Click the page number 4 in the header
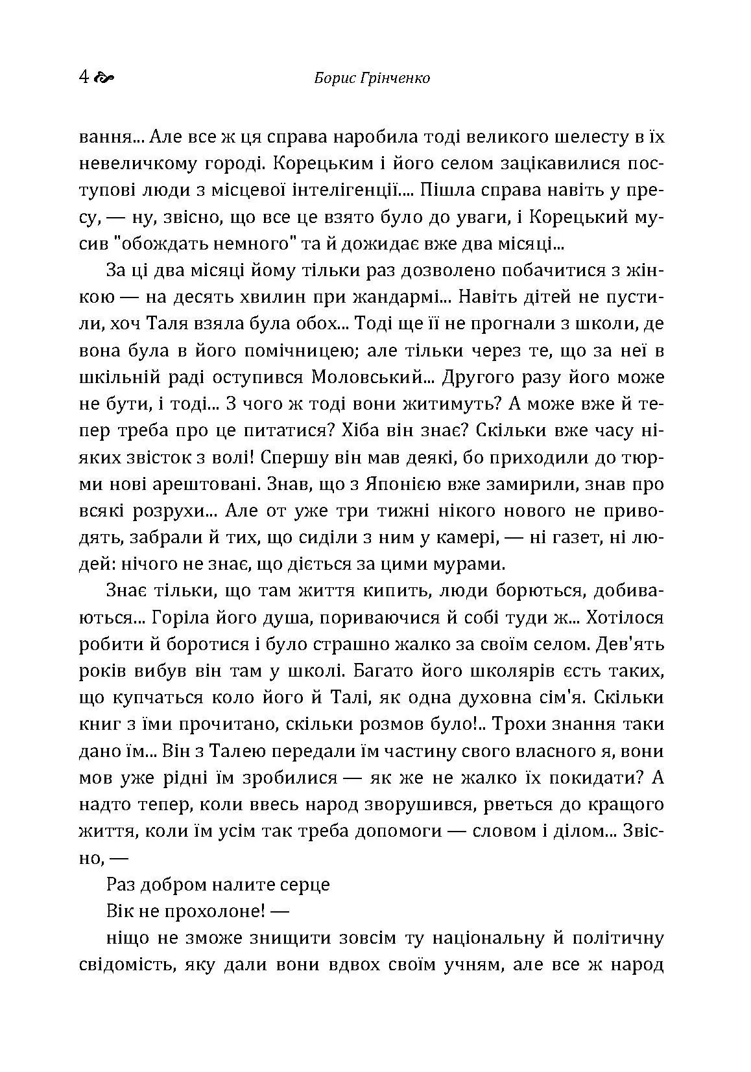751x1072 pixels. [83, 78]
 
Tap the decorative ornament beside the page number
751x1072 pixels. [104, 78]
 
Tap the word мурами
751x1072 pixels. [466, 564]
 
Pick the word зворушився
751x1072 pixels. [401, 804]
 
